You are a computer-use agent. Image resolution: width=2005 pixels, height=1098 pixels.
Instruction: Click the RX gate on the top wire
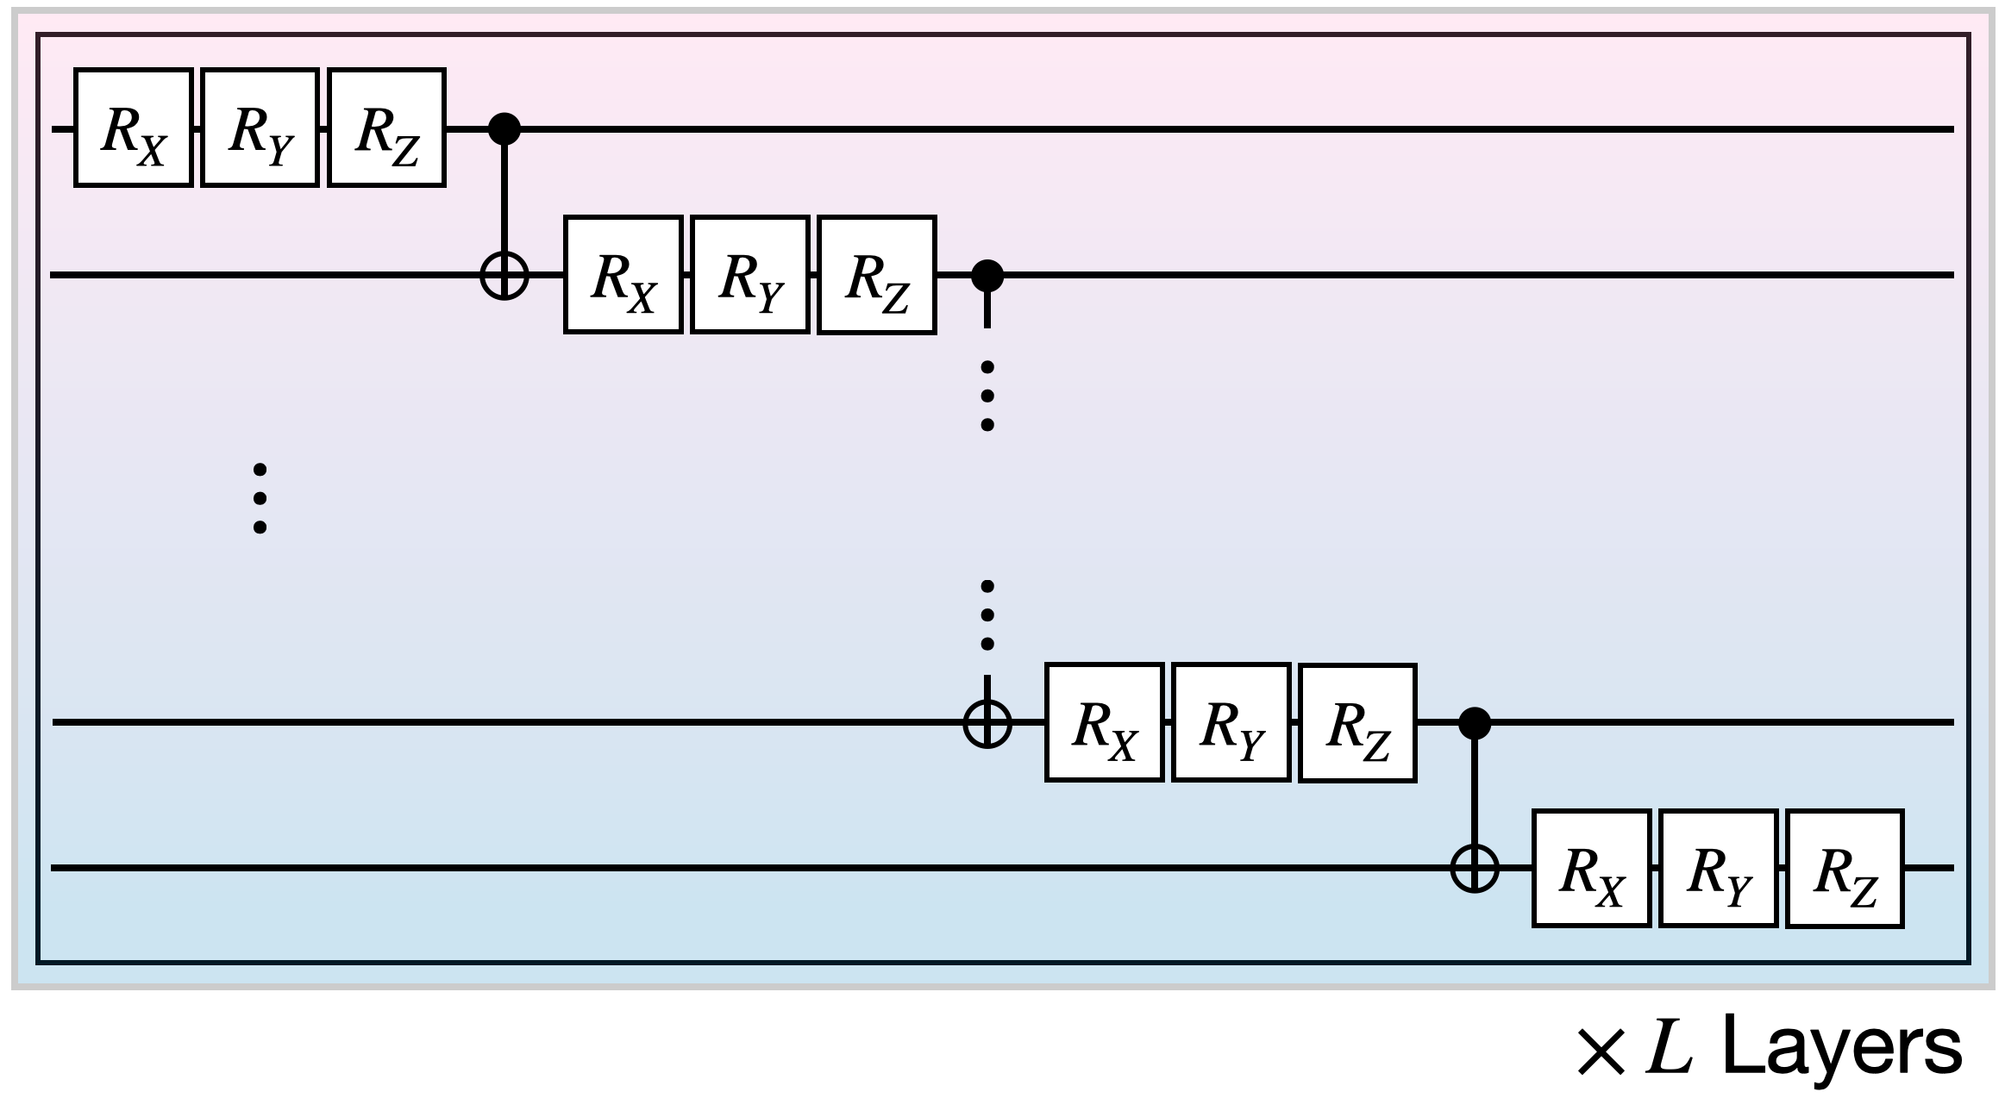pyautogui.click(x=133, y=128)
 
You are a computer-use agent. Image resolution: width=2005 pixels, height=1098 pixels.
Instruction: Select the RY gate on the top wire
pyautogui.click(x=260, y=128)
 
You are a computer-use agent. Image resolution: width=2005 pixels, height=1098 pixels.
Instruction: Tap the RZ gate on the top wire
pyautogui.click(x=386, y=128)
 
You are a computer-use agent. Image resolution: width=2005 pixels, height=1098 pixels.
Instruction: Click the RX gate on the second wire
pyautogui.click(x=623, y=275)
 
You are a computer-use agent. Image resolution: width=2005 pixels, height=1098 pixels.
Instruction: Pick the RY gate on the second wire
pyautogui.click(x=749, y=275)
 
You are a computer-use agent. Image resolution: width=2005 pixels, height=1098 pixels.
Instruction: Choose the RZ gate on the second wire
pyautogui.click(x=876, y=275)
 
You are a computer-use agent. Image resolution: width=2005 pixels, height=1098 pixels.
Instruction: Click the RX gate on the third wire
pyautogui.click(x=1104, y=722)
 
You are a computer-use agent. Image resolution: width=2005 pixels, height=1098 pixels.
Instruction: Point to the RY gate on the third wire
pyautogui.click(x=1231, y=722)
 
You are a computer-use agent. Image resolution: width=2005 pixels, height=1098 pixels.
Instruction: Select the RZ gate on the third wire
pyautogui.click(x=1357, y=722)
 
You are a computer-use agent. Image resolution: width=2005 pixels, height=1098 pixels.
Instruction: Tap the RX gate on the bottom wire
pyautogui.click(x=1591, y=869)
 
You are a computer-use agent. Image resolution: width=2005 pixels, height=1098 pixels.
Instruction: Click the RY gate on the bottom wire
pyautogui.click(x=1718, y=869)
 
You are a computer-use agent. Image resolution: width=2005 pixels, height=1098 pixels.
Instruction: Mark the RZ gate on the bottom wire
pyautogui.click(x=1845, y=869)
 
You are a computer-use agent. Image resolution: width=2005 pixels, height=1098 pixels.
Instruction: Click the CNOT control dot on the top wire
pyautogui.click(x=504, y=129)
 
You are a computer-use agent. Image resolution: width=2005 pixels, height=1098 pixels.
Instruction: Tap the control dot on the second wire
pyautogui.click(x=987, y=276)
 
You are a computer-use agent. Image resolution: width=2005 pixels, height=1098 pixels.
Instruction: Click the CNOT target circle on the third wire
pyautogui.click(x=987, y=722)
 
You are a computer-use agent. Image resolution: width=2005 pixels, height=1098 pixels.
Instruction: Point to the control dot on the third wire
pyautogui.click(x=1475, y=723)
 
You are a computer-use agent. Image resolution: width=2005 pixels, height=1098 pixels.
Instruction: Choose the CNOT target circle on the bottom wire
pyautogui.click(x=1475, y=868)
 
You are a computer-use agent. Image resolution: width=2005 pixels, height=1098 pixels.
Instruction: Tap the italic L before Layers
pyautogui.click(x=1669, y=1048)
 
